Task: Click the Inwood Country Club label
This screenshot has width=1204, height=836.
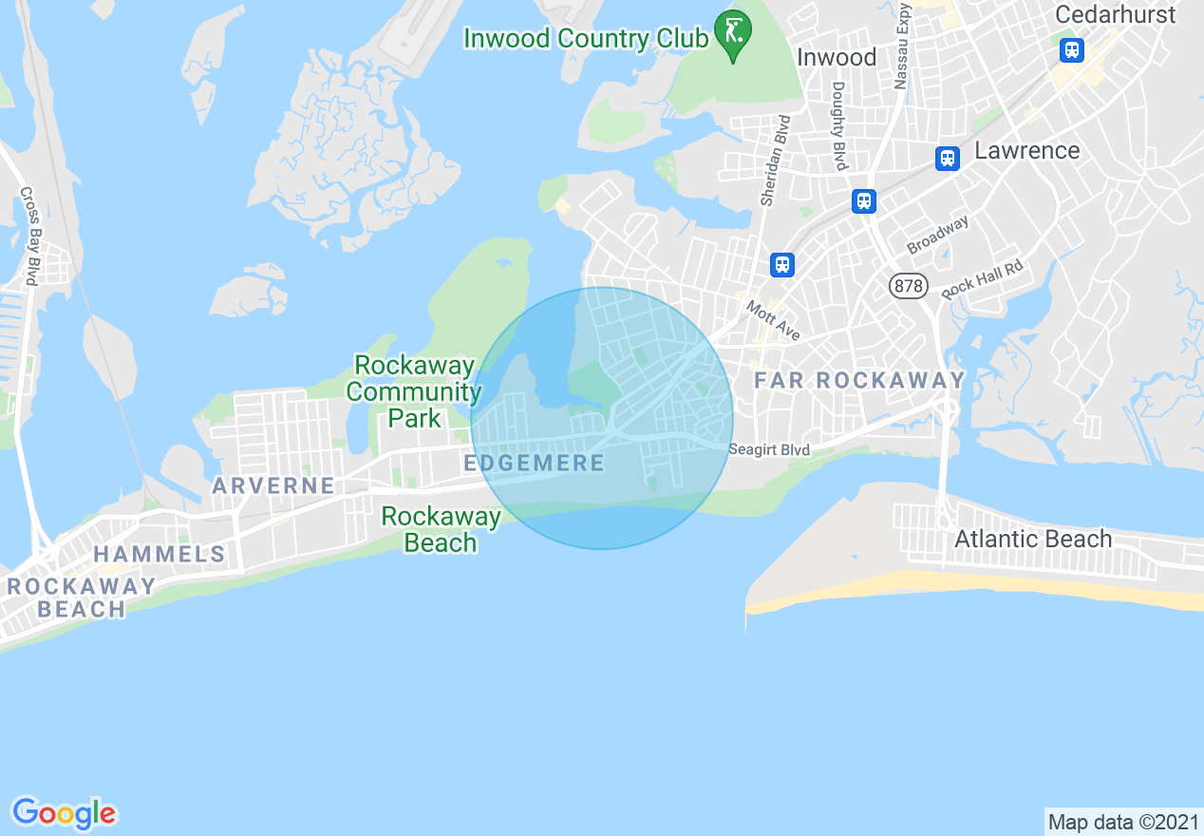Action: (586, 39)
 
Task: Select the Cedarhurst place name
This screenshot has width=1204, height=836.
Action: (1115, 15)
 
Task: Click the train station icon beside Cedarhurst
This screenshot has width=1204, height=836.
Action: (1072, 49)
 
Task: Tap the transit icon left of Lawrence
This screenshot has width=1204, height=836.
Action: (946, 159)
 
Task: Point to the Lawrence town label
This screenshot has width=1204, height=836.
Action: (1026, 151)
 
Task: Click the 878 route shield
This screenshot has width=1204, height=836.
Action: (908, 285)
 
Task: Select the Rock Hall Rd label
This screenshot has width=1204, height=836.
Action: (982, 279)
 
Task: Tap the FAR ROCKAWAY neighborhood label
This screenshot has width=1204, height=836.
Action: (858, 381)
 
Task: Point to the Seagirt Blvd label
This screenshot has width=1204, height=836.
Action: (769, 449)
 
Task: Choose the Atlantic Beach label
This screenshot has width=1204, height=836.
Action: (1032, 539)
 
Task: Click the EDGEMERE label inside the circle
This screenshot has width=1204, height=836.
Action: (534, 464)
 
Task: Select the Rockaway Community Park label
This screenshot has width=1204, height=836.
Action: (414, 391)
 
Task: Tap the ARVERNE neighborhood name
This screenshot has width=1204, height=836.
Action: (273, 486)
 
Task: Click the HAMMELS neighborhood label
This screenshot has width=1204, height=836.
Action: (160, 555)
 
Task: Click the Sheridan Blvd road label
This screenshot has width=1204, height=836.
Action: (774, 160)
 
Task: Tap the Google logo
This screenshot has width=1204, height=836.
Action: (64, 813)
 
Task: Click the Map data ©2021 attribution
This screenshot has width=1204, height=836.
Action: (1122, 821)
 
